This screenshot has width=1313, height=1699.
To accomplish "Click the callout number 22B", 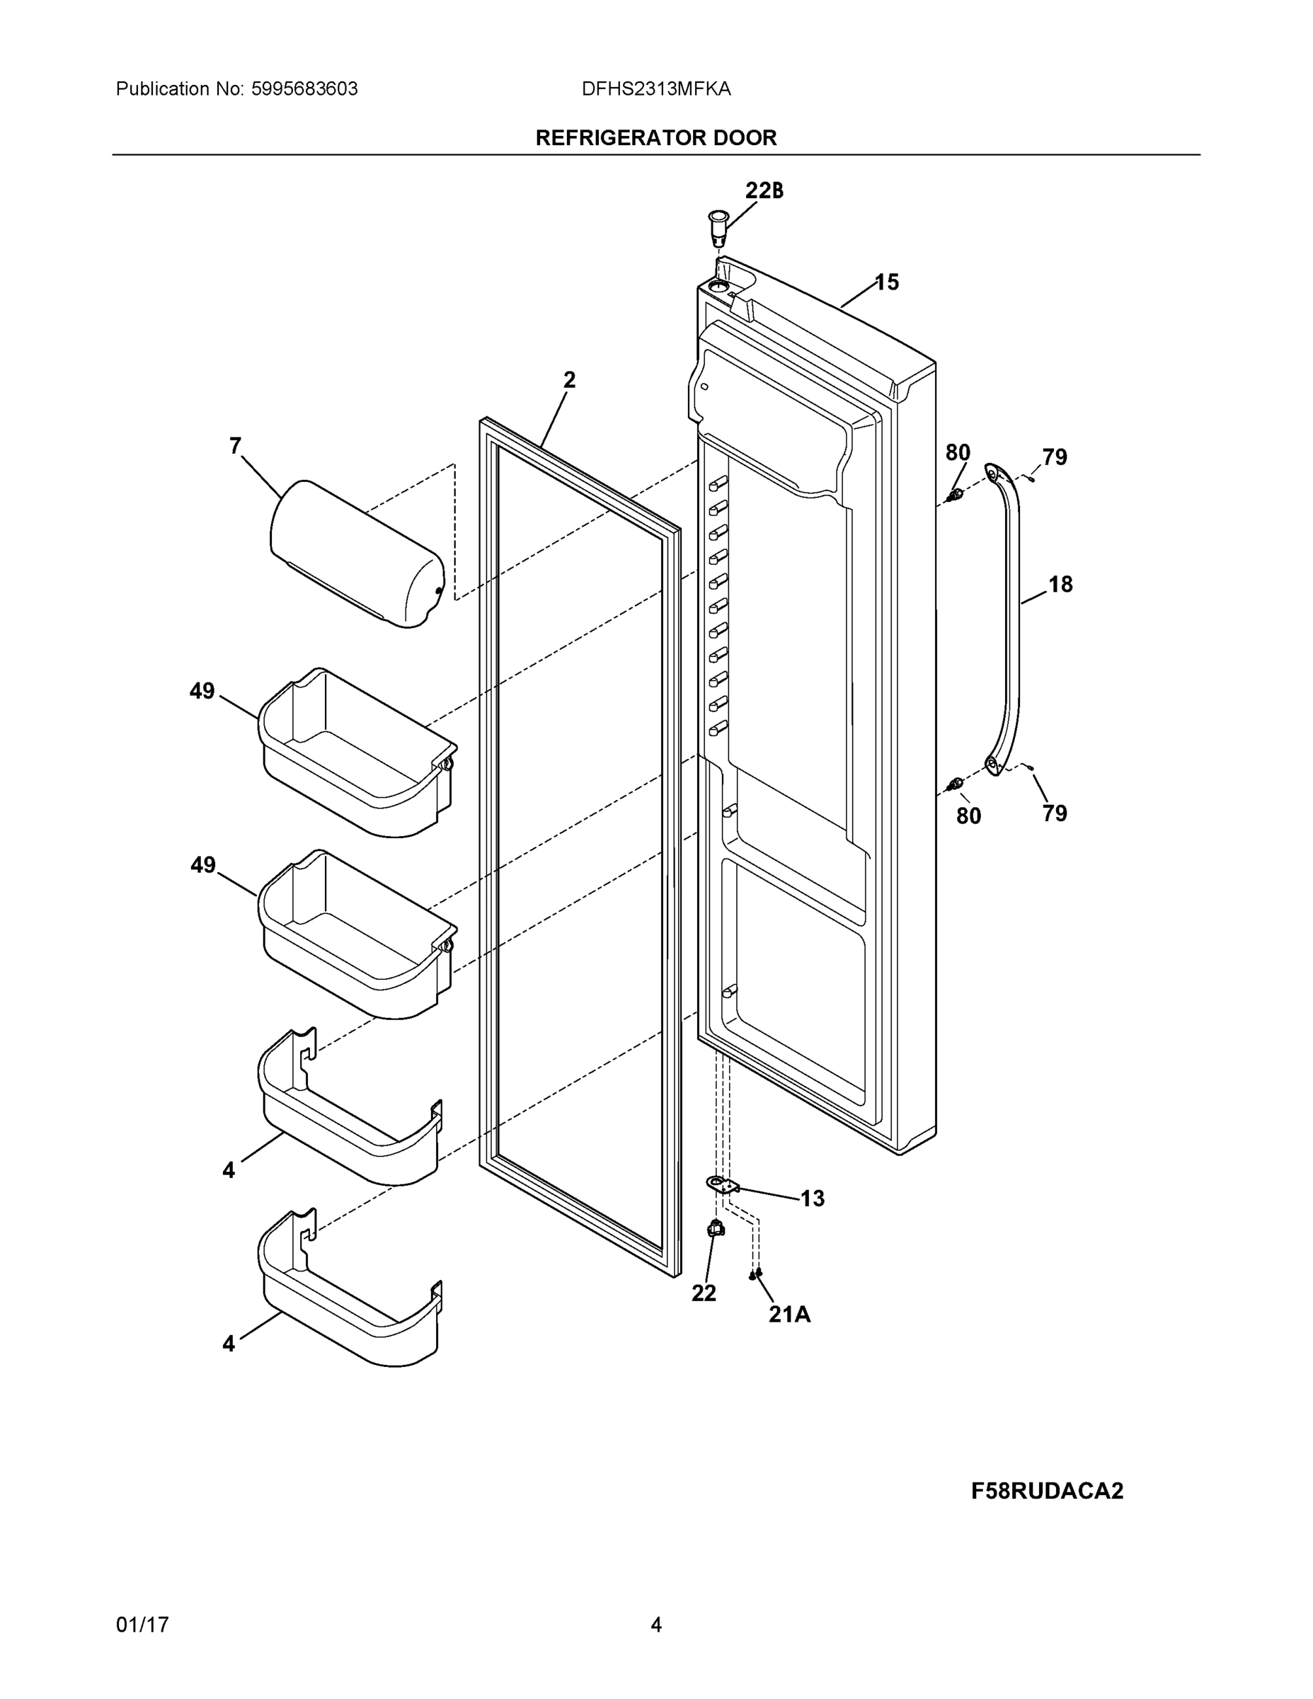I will (x=764, y=190).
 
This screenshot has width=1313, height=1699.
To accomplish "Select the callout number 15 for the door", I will (x=887, y=282).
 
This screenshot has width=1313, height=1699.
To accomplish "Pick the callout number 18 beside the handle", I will (x=1060, y=584).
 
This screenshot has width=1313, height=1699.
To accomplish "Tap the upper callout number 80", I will (x=958, y=453).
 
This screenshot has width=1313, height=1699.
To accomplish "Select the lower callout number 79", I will (x=1055, y=813).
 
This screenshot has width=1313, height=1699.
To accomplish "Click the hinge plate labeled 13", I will (x=722, y=1185).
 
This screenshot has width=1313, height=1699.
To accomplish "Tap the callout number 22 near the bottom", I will (x=704, y=1293).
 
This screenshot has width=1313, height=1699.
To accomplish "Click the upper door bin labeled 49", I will (x=358, y=750).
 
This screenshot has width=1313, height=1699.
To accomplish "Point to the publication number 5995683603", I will (x=304, y=89).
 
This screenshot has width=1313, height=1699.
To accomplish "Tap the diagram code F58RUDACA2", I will (x=1047, y=1492).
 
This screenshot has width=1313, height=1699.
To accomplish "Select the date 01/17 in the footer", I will (x=142, y=1625).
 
